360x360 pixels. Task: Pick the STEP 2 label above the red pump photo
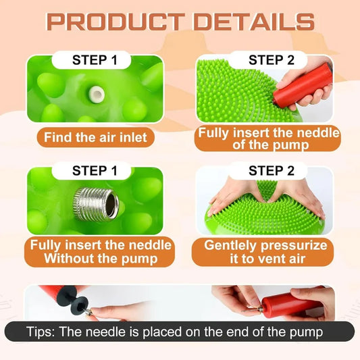[271, 60]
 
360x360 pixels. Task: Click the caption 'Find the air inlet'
[95, 138]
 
